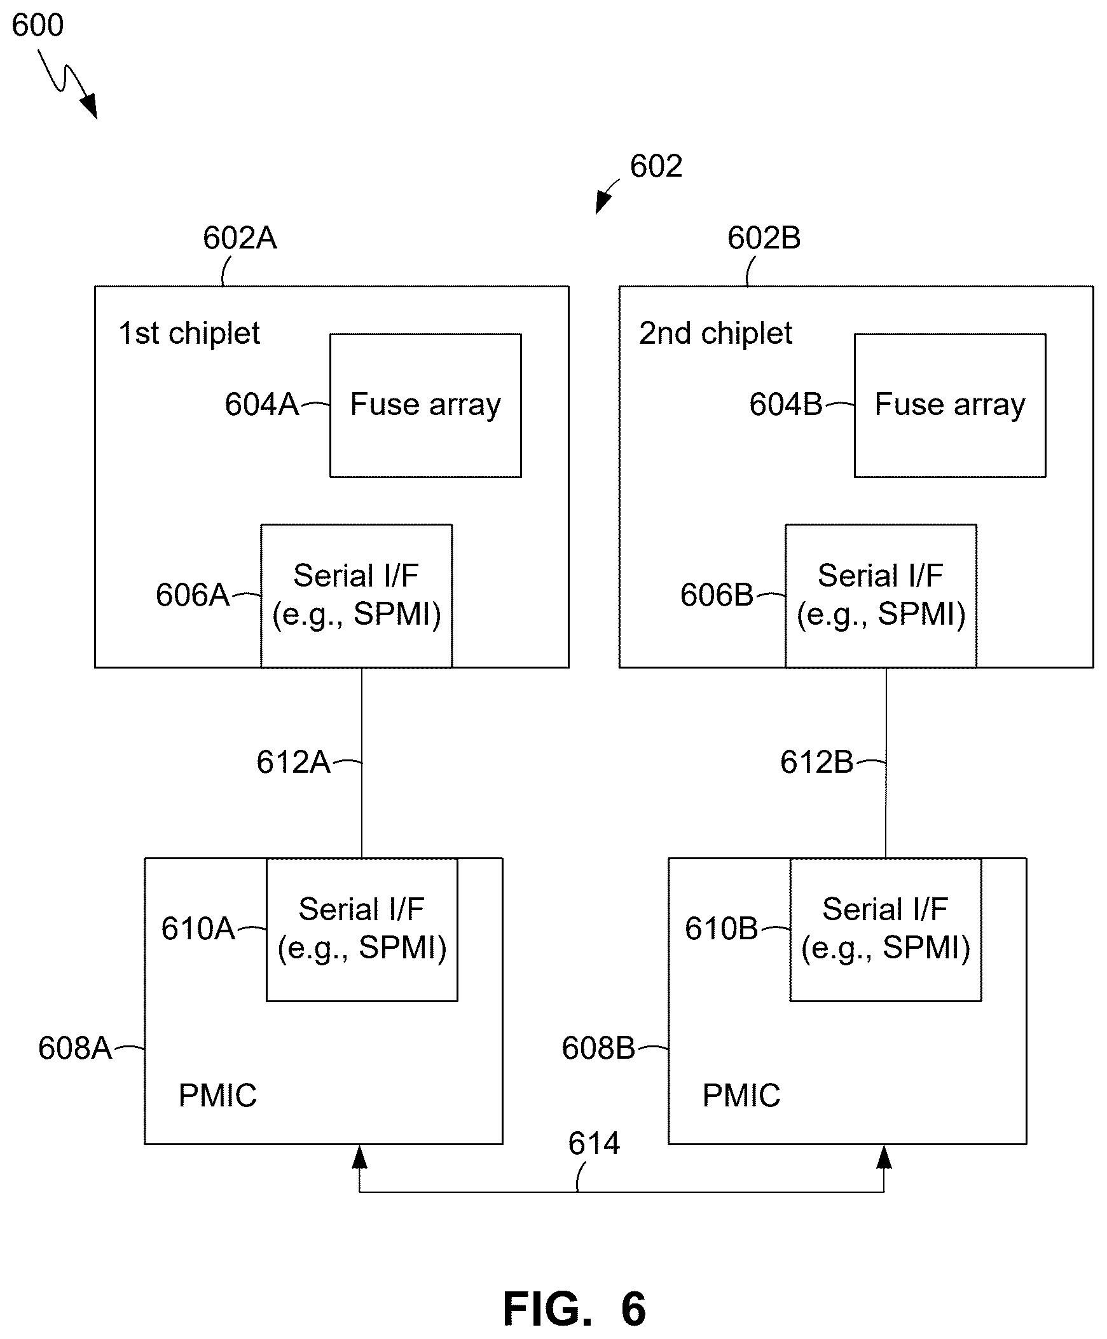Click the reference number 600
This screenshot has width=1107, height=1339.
[38, 25]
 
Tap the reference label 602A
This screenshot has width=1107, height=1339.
[240, 238]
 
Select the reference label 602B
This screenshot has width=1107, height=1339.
[764, 238]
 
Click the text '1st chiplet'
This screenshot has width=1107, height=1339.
[189, 333]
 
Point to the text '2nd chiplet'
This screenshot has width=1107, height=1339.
[715, 333]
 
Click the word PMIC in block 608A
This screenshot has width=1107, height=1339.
[217, 1096]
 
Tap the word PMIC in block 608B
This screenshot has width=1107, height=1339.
[741, 1096]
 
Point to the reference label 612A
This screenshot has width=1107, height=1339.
[293, 762]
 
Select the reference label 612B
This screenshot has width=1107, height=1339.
[817, 762]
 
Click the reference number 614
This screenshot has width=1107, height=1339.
[594, 1143]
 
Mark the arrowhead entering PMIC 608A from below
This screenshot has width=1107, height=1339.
[360, 1157]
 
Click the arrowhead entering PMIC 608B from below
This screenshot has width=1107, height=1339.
[884, 1157]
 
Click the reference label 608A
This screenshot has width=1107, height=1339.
[74, 1049]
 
